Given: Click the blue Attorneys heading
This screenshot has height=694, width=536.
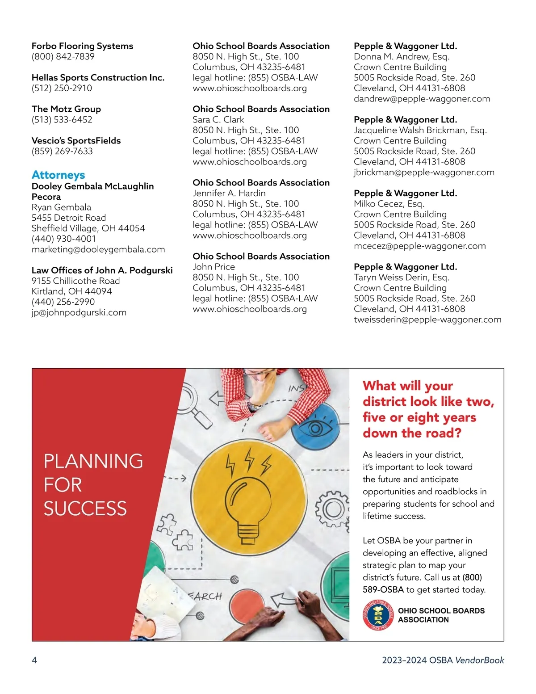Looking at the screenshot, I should [58, 175].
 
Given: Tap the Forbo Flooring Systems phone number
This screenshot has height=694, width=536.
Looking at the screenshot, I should [63, 56].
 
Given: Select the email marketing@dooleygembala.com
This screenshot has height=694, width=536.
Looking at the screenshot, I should [98, 249].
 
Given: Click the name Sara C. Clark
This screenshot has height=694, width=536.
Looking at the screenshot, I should [218, 119].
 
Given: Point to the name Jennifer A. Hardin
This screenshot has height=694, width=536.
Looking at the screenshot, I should [229, 193].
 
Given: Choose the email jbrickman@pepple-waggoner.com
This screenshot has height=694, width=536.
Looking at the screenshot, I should [424, 172].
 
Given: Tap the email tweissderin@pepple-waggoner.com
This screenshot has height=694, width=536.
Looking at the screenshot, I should [427, 320].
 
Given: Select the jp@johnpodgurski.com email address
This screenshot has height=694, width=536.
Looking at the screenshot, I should [79, 312].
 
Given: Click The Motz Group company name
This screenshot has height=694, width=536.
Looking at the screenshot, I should [66, 109].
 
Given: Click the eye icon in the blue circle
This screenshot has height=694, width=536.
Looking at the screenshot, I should [315, 428].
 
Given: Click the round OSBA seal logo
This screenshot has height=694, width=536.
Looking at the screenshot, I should [378, 615].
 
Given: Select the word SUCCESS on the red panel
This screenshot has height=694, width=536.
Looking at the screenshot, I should [85, 509].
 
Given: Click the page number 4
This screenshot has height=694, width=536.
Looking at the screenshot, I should [34, 660].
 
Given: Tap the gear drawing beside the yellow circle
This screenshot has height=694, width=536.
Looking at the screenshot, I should [331, 509].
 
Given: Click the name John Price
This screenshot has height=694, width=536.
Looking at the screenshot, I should [214, 267].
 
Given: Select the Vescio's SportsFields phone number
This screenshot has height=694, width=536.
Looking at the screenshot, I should [62, 151].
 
